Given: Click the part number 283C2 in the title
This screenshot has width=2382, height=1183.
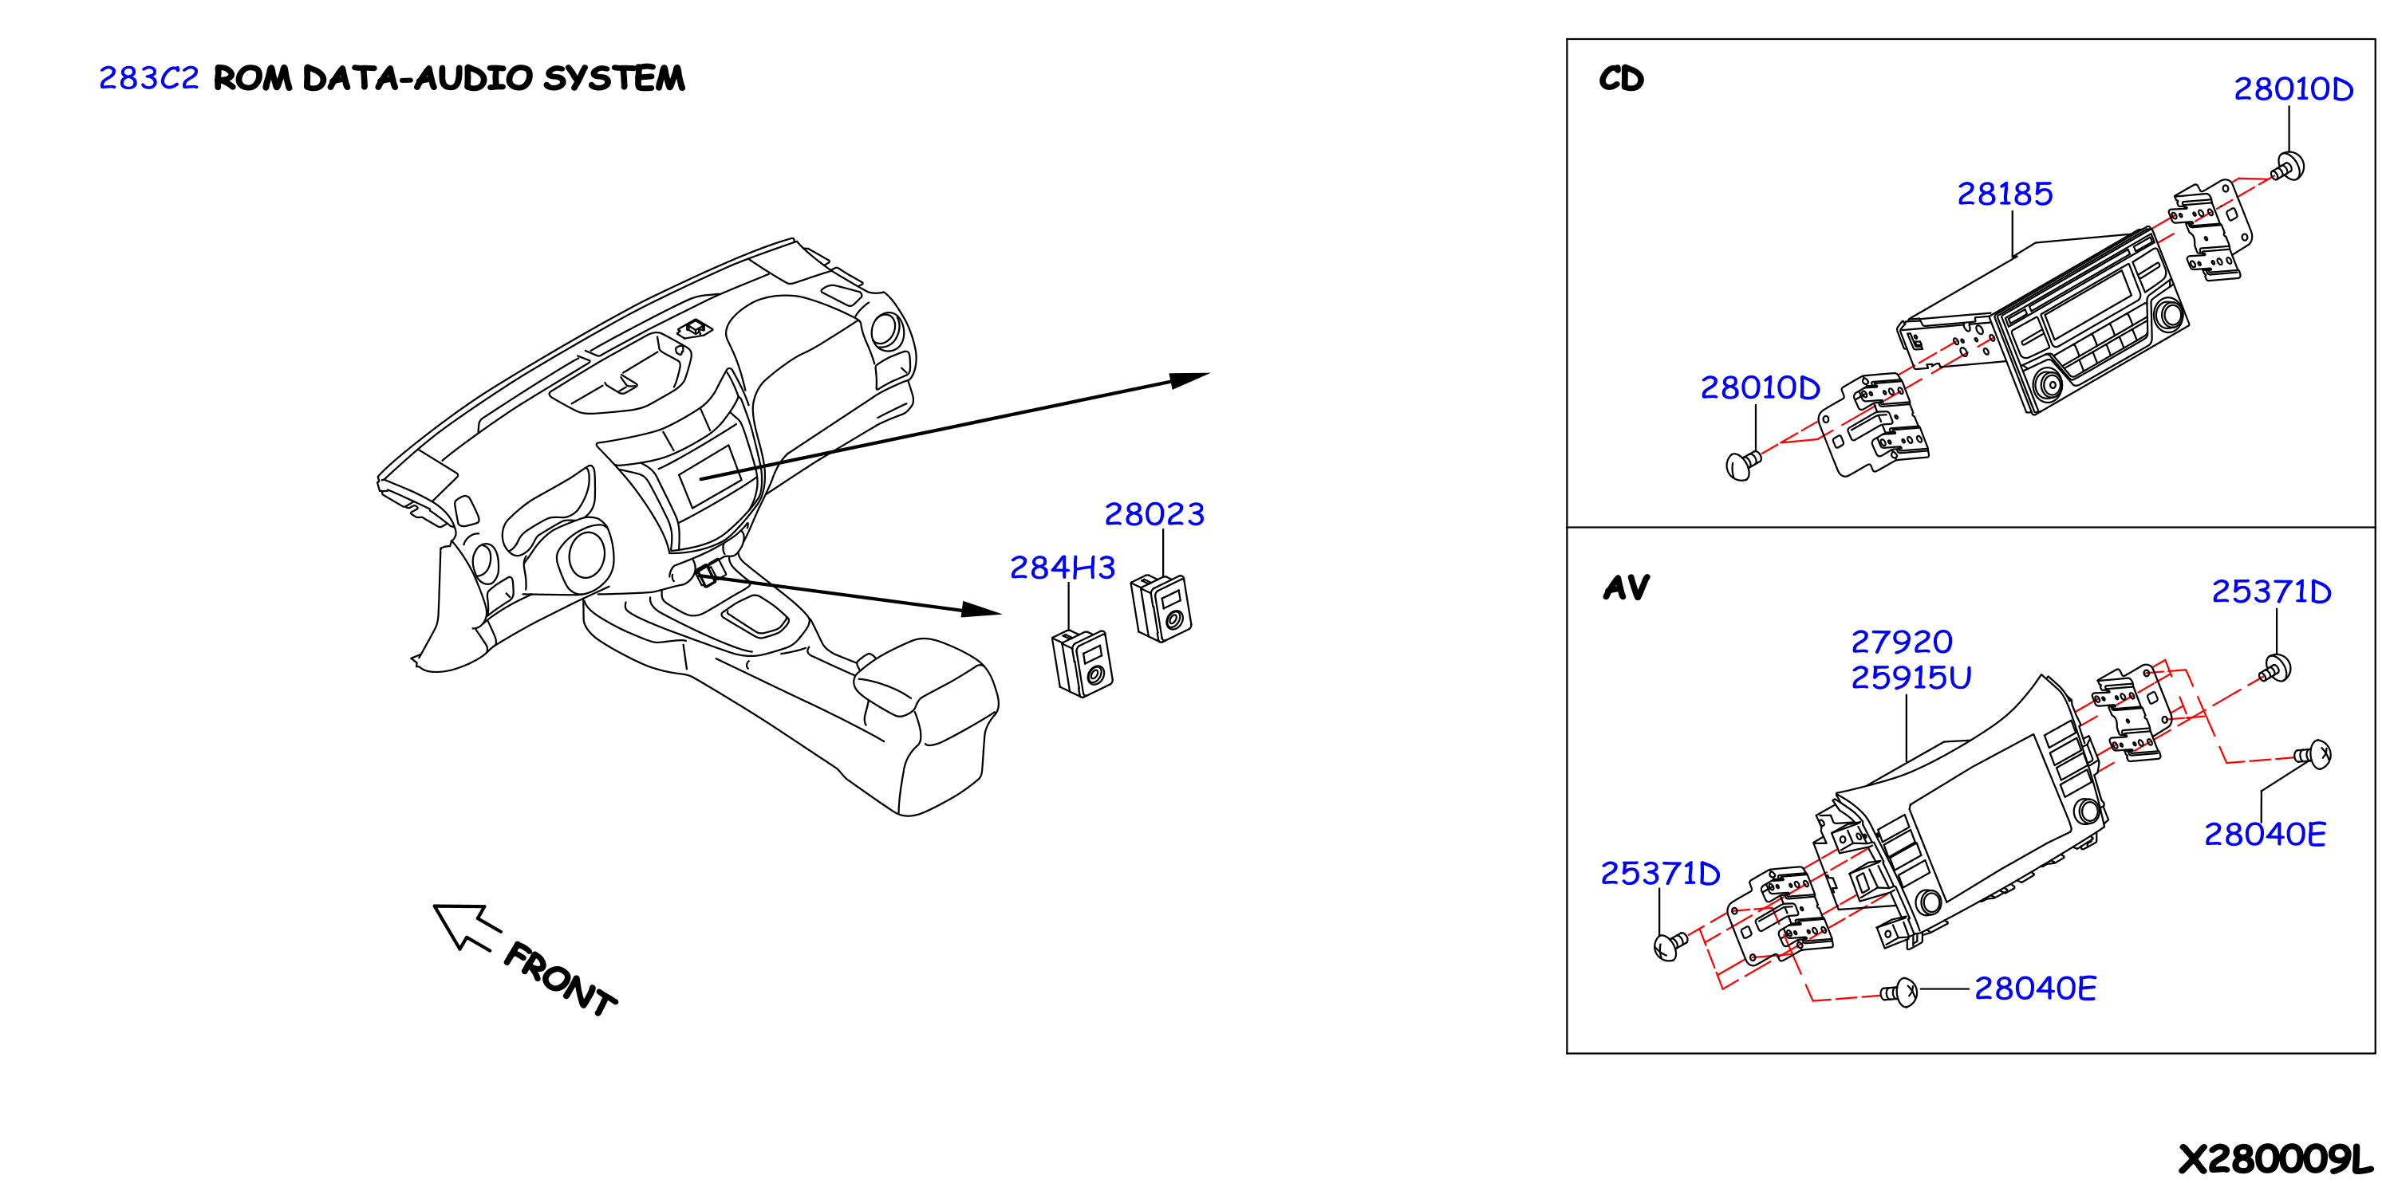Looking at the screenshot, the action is tap(149, 77).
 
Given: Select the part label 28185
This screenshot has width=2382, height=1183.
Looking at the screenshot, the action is tap(2005, 193).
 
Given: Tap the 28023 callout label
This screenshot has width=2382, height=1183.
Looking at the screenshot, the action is tap(1154, 514).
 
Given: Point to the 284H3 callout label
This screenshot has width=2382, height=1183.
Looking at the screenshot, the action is tap(1062, 568).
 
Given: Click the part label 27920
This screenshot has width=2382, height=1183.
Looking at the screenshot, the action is tap(1901, 642).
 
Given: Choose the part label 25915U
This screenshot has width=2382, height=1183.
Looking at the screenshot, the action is tap(1911, 678).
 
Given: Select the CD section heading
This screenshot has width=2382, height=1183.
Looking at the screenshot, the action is tap(1622, 79).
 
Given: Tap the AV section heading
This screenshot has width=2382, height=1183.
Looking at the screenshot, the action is tap(1627, 587).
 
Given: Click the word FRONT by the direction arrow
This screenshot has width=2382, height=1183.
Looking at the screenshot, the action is tap(560, 979).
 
